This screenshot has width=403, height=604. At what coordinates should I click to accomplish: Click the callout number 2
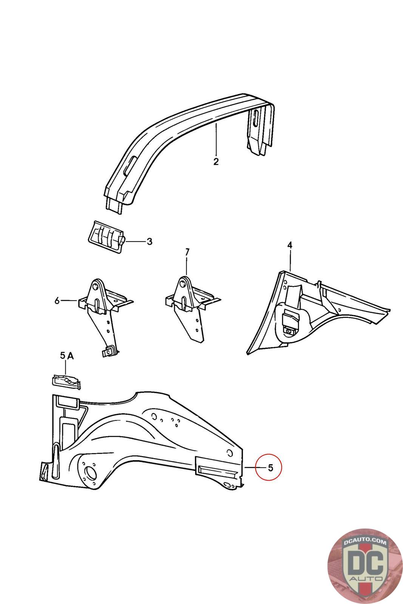point(216,162)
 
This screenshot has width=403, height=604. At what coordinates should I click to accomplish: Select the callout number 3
point(150,242)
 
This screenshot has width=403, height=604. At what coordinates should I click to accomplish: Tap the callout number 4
point(290,245)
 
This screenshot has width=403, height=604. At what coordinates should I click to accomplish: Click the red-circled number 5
point(270,467)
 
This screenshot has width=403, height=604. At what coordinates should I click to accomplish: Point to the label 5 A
point(66,355)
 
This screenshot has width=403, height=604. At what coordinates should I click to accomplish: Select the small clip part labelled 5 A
point(66,381)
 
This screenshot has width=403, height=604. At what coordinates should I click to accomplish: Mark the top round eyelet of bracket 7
point(184,282)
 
